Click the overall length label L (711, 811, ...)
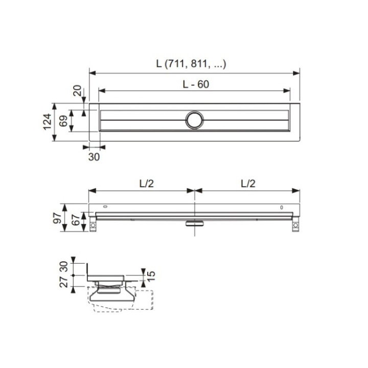coord(191,64)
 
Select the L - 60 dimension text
coord(195,84)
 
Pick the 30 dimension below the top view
coord(94,157)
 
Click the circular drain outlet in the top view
coord(194,120)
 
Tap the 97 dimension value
coord(57,218)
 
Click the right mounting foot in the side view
coord(295,225)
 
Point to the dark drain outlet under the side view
coord(195,222)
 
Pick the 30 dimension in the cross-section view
coord(63,266)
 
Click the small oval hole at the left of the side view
coord(105,207)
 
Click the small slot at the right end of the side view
coord(281,207)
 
